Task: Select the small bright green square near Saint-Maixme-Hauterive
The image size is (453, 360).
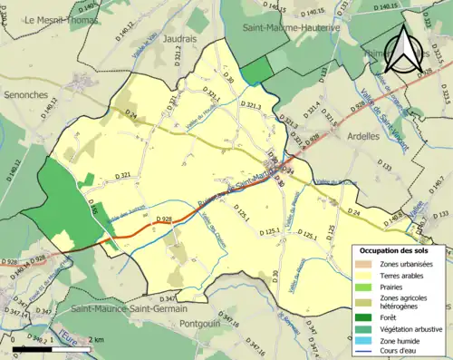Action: (x=256, y=70)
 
